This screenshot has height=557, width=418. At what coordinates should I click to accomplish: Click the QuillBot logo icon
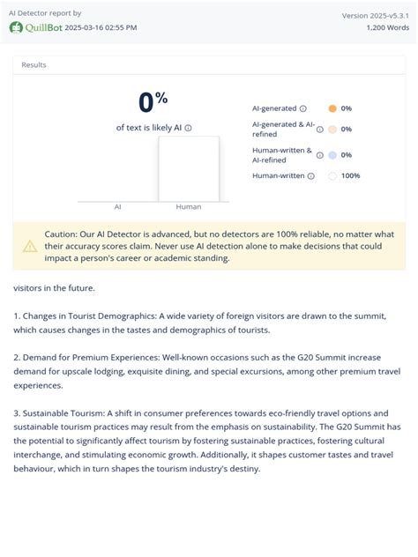click(x=15, y=27)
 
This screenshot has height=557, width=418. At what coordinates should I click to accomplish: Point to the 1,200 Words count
click(x=388, y=27)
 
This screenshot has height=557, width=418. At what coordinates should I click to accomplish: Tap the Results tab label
click(x=34, y=64)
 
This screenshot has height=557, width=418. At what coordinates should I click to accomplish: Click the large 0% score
click(x=153, y=103)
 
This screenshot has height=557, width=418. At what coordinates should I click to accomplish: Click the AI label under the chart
click(x=117, y=206)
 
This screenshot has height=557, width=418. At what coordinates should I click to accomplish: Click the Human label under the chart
click(x=188, y=206)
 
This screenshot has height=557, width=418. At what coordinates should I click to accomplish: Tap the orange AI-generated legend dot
click(x=332, y=108)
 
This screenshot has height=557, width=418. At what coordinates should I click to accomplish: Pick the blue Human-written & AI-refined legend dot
click(x=332, y=155)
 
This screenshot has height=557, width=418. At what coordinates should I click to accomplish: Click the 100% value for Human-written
click(x=350, y=175)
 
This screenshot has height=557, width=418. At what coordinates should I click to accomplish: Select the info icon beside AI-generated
click(x=303, y=108)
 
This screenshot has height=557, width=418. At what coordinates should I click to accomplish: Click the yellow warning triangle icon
click(x=30, y=246)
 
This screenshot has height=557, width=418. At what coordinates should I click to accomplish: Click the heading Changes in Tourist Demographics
click(x=87, y=316)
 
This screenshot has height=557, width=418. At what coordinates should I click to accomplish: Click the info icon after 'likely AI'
click(x=188, y=128)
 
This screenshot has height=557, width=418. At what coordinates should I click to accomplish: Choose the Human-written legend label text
click(x=278, y=175)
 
